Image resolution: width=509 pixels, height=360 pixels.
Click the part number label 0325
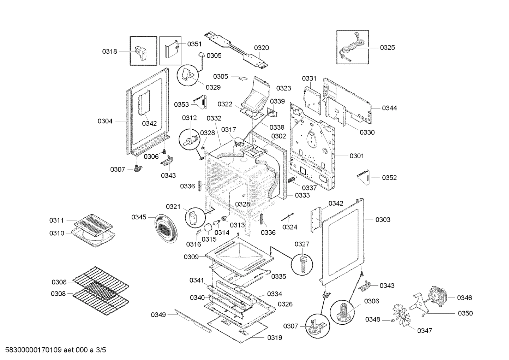(x=387, y=47)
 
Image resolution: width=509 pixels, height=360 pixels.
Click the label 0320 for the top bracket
(x=261, y=48)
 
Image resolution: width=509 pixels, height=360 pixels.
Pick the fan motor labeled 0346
(x=437, y=296)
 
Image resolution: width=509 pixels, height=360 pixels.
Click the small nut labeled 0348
(x=391, y=320)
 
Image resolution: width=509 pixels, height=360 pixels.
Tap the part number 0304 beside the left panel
(x=105, y=121)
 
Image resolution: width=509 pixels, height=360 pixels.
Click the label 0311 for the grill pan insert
(x=56, y=220)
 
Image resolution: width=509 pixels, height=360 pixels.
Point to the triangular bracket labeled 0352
(x=364, y=177)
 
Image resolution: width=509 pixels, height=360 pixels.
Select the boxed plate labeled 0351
(x=170, y=49)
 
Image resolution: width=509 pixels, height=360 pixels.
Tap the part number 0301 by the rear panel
(x=357, y=156)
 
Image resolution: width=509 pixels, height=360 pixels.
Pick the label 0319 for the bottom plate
(x=275, y=337)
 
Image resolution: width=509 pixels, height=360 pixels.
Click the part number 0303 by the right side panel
(x=383, y=220)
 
